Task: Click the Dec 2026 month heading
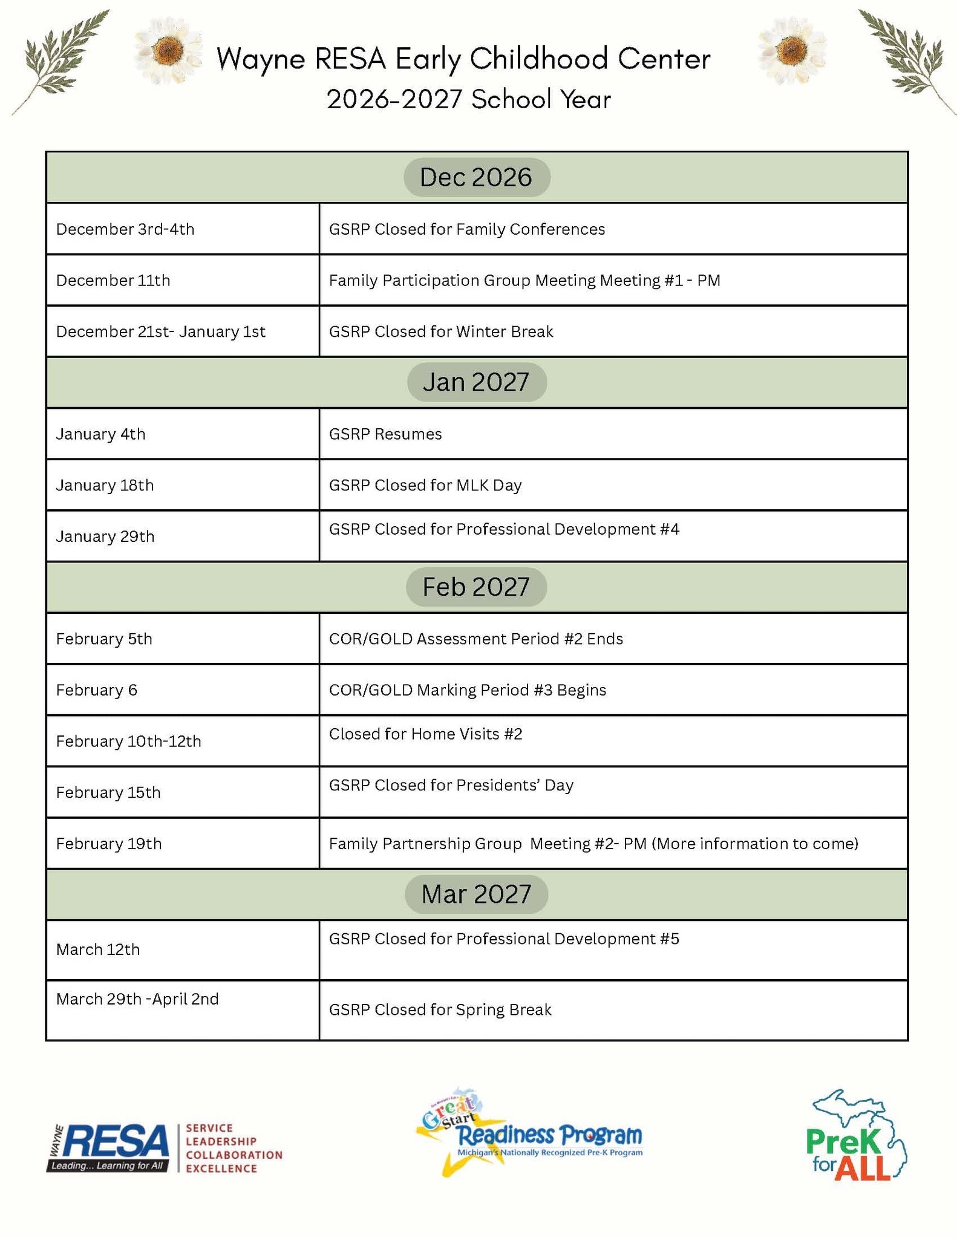476,177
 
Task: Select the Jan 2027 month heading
476,382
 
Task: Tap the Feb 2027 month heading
476,587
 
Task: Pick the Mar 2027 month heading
476,894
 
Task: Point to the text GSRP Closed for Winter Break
440,331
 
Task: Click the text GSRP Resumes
385,434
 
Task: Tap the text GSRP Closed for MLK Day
425,485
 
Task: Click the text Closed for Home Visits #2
425,734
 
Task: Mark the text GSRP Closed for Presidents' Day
451,785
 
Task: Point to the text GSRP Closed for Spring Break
440,1009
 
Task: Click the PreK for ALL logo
856,1136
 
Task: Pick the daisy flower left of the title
167,50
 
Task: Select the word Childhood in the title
538,59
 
